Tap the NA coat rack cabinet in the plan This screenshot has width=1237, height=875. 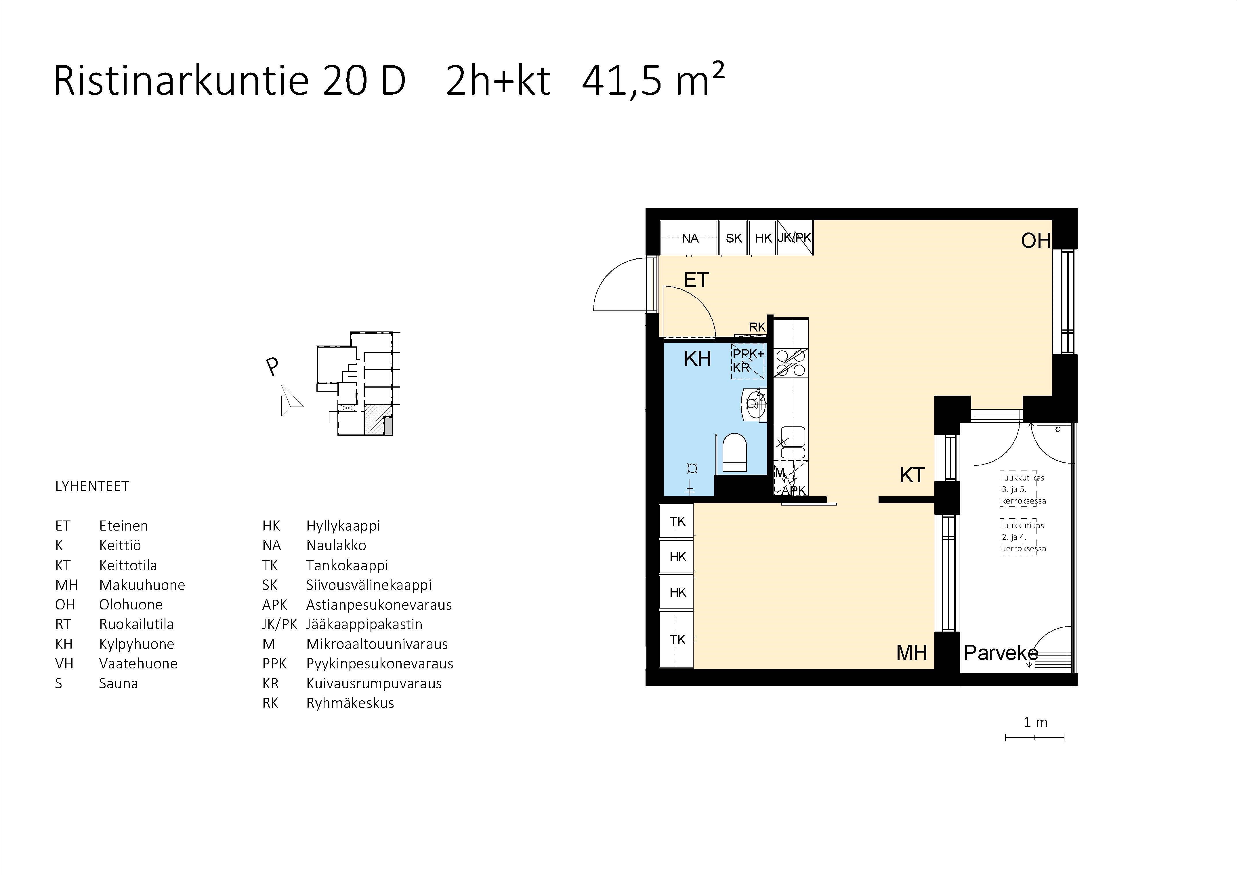pos(689,238)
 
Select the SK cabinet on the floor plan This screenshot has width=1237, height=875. pos(733,238)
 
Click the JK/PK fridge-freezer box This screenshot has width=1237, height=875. pos(795,238)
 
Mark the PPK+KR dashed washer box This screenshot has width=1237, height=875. pos(748,361)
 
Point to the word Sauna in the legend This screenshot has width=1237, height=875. pos(119,684)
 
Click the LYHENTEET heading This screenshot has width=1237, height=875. pos(92,487)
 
